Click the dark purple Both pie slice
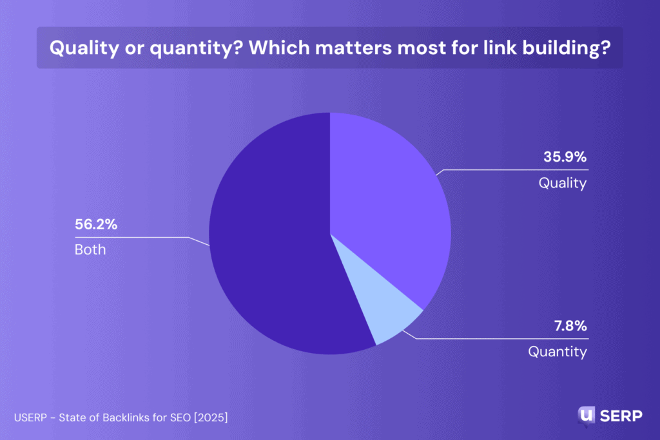pyautogui.click(x=271, y=245)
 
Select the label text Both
pyautogui.click(x=90, y=250)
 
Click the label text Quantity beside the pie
pyautogui.click(x=558, y=352)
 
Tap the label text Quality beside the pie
pyautogui.click(x=563, y=183)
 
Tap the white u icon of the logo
pyautogui.click(x=587, y=415)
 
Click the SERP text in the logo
pyautogui.click(x=621, y=416)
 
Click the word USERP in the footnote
pyautogui.click(x=30, y=418)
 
